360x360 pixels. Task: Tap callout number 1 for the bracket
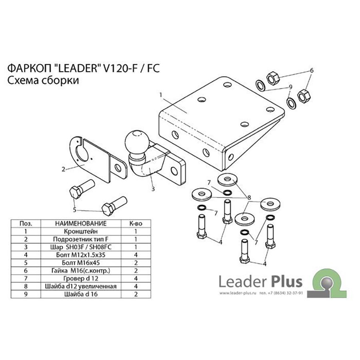click(x=161, y=94)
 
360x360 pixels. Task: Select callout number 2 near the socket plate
click(x=64, y=170)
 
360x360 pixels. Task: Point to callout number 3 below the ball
click(x=153, y=189)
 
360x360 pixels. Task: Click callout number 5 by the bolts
click(x=74, y=210)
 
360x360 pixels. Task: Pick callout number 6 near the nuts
click(x=312, y=70)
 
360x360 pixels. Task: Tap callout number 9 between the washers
click(x=290, y=87)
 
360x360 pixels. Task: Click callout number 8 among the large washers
click(x=249, y=198)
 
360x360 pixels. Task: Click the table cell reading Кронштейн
click(x=81, y=231)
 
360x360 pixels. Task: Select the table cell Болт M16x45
click(x=81, y=263)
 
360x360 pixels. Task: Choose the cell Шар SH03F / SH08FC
click(x=81, y=247)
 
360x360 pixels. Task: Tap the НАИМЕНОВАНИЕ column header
click(x=81, y=223)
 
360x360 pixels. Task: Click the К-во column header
click(x=136, y=223)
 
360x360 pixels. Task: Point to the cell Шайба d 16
click(x=81, y=294)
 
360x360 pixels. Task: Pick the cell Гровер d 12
click(x=81, y=278)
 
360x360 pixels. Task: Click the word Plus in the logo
click(x=287, y=282)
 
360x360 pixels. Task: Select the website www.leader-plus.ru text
click(x=238, y=293)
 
